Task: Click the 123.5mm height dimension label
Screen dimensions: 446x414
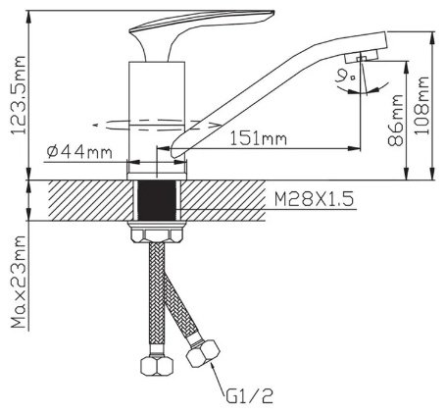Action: click(18, 95)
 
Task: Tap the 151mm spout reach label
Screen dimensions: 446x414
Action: click(259, 139)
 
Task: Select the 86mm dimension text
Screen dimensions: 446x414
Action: click(395, 120)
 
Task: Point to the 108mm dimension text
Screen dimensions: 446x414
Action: click(421, 105)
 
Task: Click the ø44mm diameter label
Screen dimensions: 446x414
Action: click(79, 152)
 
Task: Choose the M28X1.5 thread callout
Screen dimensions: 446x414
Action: click(314, 199)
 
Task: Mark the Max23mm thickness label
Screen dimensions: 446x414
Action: click(19, 282)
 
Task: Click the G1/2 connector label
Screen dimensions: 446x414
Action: click(249, 396)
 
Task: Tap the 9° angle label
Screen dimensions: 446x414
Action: click(347, 77)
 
